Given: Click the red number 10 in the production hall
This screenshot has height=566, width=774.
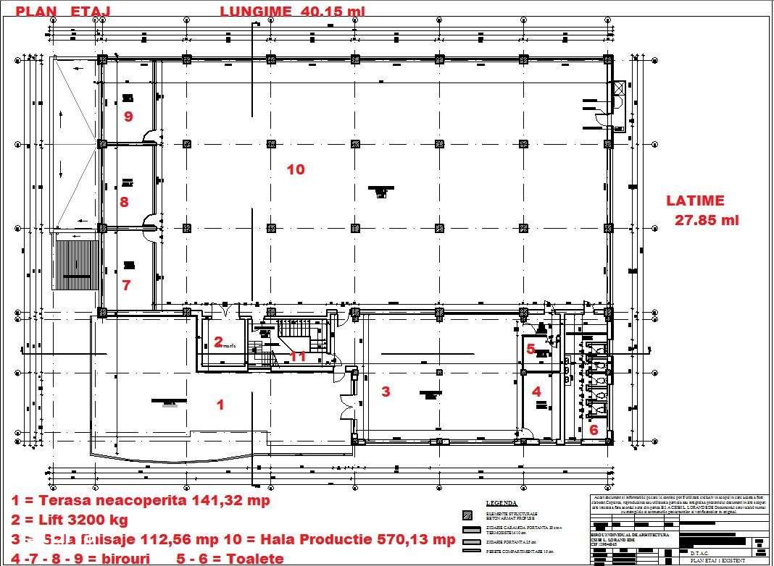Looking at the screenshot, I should click(296, 169).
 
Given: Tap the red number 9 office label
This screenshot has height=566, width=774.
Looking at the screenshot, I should click(128, 116).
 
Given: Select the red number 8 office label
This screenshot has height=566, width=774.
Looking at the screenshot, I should click(124, 202).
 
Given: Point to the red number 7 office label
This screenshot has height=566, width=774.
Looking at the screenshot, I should click(126, 285).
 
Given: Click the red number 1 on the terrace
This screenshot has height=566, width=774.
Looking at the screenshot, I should click(221, 405).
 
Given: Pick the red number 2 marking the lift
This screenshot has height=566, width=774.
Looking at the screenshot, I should click(218, 342).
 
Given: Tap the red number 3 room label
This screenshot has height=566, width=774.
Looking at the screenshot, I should click(386, 392).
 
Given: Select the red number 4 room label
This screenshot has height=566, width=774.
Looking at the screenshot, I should click(536, 392).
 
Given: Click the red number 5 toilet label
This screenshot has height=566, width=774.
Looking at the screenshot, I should click(530, 349).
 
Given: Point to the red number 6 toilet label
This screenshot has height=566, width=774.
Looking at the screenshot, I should click(593, 429).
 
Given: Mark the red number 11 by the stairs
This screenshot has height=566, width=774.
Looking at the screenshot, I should click(297, 356).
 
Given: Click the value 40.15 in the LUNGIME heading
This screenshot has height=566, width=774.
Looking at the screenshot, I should click(322, 11).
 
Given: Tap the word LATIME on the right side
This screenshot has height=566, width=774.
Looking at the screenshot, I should click(695, 201).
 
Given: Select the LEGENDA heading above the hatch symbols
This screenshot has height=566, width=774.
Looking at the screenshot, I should click(501, 503).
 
